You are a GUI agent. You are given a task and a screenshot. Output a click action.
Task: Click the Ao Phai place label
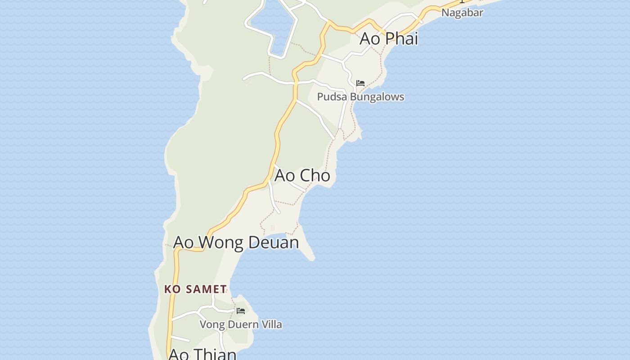tap(389, 39)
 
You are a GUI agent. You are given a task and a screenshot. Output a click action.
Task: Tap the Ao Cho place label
tap(302, 175)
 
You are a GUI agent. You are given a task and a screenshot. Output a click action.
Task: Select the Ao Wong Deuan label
tap(236, 242)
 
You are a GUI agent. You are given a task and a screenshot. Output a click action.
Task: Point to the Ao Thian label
tap(202, 354)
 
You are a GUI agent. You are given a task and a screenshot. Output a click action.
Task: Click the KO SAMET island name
tap(195, 289)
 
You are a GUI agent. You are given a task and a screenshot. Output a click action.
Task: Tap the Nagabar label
tap(462, 13)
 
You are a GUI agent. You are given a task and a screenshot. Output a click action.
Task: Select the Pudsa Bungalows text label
tap(360, 97)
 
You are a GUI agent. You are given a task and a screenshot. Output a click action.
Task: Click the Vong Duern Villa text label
tap(241, 324)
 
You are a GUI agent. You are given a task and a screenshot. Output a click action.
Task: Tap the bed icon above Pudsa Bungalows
tap(360, 83)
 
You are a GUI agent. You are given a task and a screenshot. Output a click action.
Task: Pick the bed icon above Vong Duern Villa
tap(241, 311)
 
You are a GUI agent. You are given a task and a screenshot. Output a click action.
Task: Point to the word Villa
tap(271, 324)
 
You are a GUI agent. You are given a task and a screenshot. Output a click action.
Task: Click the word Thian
tap(216, 354)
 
